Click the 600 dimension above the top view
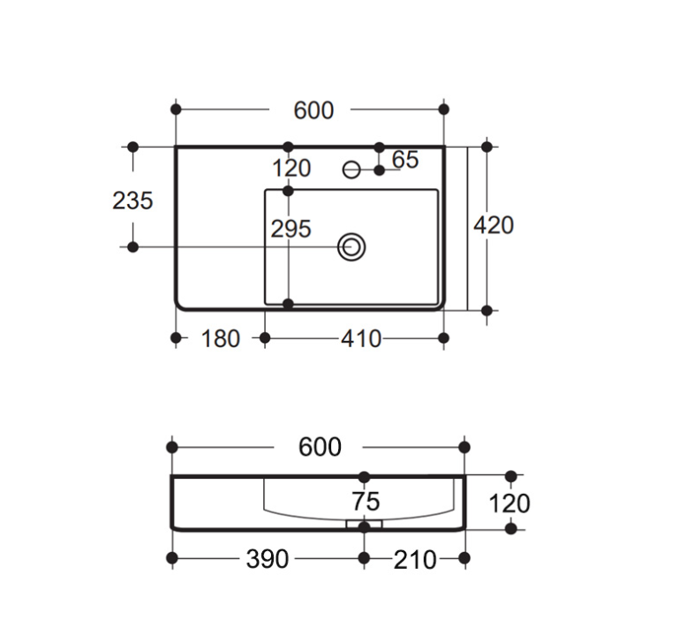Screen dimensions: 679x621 click(x=313, y=110)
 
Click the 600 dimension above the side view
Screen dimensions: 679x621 click(x=320, y=447)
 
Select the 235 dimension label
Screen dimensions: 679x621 click(x=132, y=201)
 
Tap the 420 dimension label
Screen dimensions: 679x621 click(x=494, y=225)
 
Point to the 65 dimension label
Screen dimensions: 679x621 click(x=405, y=160)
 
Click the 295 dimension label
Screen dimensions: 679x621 click(x=290, y=229)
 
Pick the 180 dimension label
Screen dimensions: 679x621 click(x=220, y=339)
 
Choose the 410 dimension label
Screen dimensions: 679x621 click(x=361, y=339)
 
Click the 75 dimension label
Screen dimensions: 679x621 click(x=366, y=502)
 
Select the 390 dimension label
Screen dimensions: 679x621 click(x=267, y=559)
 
